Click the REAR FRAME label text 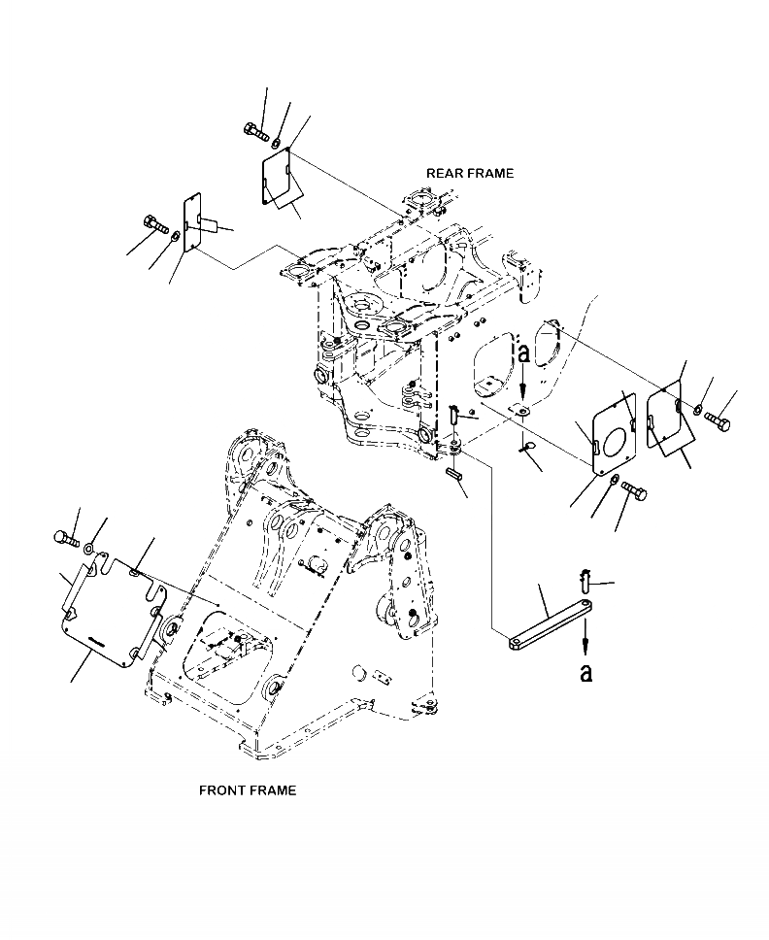click(x=470, y=173)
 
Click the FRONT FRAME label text click(x=248, y=789)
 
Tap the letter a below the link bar click(x=585, y=672)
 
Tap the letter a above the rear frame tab click(x=523, y=354)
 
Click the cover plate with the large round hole click(x=614, y=434)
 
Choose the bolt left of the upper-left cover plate click(x=155, y=226)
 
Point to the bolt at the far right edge click(x=718, y=420)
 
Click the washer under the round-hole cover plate click(x=612, y=481)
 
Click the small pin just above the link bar click(x=586, y=580)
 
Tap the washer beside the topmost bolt click(x=276, y=144)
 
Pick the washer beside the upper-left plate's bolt click(x=175, y=236)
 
